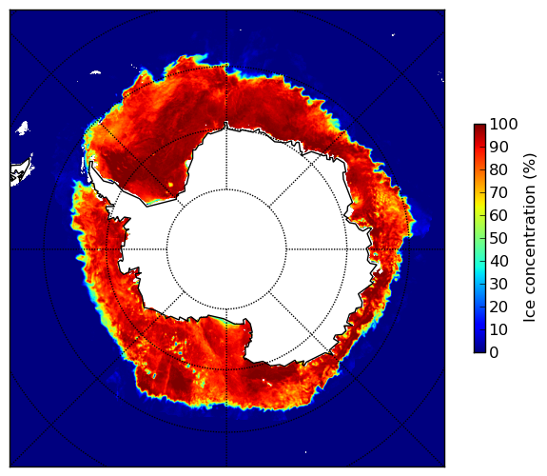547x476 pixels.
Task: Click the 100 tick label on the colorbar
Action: point(503,124)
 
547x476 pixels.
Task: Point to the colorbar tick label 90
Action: point(498,147)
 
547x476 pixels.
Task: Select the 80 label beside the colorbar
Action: point(498,169)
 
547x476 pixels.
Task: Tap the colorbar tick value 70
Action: point(498,192)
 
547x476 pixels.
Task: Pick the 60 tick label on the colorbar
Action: point(498,215)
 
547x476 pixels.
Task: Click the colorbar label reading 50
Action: point(498,239)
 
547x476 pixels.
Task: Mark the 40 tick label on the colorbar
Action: point(498,261)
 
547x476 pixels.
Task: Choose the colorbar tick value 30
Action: point(498,285)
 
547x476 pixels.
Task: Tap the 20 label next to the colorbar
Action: point(498,307)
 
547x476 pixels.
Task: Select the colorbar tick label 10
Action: point(498,329)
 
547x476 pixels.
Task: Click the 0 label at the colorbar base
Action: point(495,353)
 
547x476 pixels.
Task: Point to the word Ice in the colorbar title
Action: point(530,313)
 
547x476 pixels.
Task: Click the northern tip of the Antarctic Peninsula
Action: point(91,164)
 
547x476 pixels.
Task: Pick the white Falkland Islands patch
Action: point(22,128)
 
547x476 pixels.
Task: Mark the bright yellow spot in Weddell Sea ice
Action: point(170,184)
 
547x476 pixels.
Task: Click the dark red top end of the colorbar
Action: point(479,126)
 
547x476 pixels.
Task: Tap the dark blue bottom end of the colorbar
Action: point(479,350)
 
